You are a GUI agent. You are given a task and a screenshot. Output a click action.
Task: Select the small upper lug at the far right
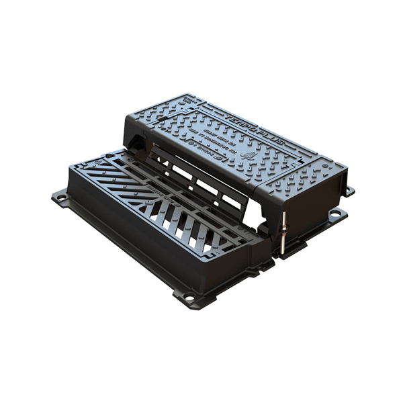[x=349, y=189]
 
